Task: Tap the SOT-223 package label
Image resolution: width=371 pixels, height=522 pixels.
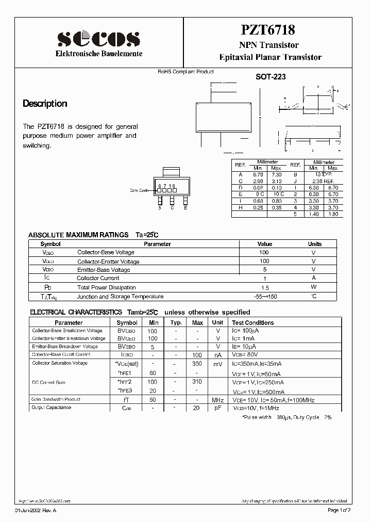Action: [271, 77]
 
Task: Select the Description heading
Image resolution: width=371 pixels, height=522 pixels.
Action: [45, 104]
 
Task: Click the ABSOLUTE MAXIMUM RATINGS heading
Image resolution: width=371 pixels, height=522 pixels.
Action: [78, 235]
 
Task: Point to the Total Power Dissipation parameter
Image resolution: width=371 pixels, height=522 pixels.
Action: [106, 287]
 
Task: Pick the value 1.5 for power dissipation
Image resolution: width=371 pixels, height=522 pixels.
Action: [264, 287]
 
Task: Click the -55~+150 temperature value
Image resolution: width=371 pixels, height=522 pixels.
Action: [264, 297]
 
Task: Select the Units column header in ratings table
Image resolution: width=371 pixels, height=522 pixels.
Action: [314, 244]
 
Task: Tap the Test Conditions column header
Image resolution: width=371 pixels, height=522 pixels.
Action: [253, 322]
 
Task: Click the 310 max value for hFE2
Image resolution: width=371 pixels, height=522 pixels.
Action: [197, 382]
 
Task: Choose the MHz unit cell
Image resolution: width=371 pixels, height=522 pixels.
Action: [218, 400]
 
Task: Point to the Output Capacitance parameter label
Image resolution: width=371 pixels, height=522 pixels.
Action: [52, 407]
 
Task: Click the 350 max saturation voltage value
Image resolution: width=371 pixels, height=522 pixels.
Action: [197, 364]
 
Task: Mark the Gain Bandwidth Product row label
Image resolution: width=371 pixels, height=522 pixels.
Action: [56, 399]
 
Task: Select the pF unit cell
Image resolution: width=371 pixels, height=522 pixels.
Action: [218, 408]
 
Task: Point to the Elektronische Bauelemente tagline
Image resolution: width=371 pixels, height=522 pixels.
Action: [99, 54]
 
